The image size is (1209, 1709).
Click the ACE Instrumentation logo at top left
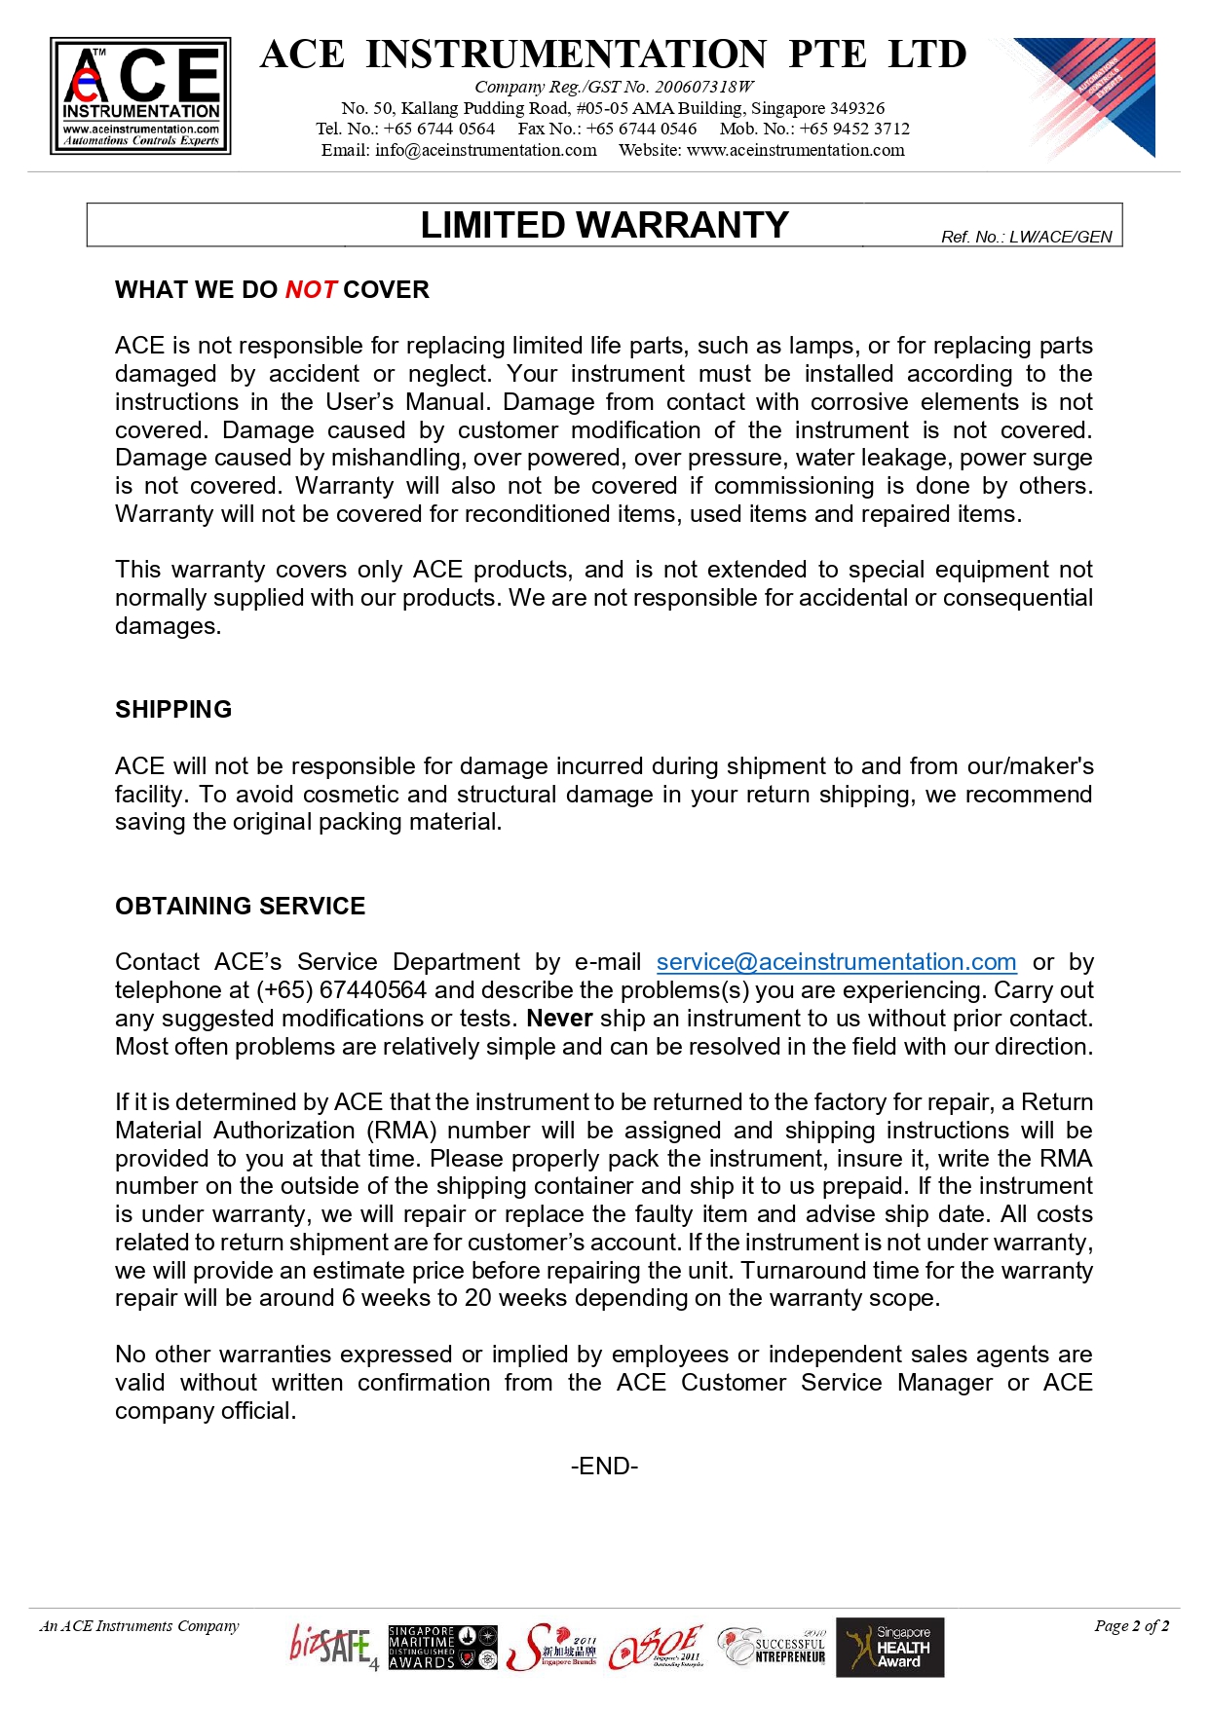click(x=140, y=95)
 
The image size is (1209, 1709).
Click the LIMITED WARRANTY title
click(x=604, y=225)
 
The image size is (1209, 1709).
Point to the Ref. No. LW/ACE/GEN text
click(x=1026, y=237)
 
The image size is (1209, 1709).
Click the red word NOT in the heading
click(x=311, y=289)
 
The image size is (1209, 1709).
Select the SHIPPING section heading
click(x=173, y=709)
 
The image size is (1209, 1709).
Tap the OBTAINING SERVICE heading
click(x=240, y=906)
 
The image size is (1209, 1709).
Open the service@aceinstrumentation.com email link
click(x=836, y=962)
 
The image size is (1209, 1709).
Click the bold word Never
click(x=559, y=1019)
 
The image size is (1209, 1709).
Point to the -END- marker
click(x=604, y=1467)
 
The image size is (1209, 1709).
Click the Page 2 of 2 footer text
click(x=1131, y=1626)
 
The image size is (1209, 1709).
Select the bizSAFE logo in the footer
click(x=332, y=1647)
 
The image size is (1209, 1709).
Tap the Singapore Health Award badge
click(x=890, y=1648)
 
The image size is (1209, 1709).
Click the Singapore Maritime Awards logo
click(x=442, y=1648)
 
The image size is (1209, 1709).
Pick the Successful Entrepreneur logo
click(x=773, y=1648)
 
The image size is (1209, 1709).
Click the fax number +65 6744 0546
click(x=641, y=129)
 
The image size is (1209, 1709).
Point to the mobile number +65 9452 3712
click(x=854, y=129)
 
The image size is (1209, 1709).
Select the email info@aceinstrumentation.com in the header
click(x=485, y=150)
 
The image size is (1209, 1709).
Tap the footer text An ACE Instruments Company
click(x=139, y=1626)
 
